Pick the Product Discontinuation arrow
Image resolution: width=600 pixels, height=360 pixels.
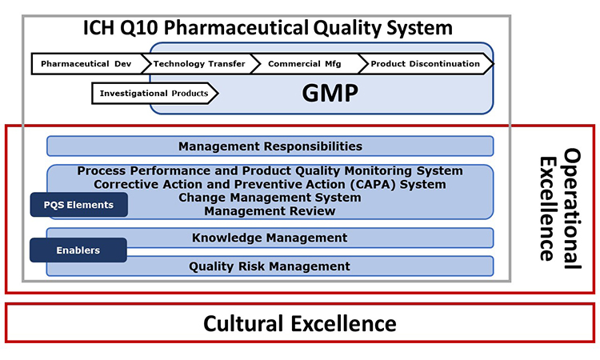click(x=426, y=63)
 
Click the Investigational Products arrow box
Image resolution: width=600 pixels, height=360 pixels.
click(x=154, y=94)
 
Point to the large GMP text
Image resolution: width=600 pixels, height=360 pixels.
click(x=330, y=93)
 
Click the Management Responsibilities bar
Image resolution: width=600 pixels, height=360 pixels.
click(x=270, y=146)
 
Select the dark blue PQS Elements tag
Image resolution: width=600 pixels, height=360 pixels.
click(x=79, y=205)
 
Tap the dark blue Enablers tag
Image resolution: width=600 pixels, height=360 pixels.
click(x=78, y=250)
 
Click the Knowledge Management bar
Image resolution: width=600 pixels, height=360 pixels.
click(x=270, y=238)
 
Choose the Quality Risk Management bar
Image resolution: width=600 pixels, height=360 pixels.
click(x=270, y=266)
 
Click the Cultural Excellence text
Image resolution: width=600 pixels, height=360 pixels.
click(x=300, y=324)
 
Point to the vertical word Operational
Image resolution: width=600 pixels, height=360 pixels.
click(x=572, y=209)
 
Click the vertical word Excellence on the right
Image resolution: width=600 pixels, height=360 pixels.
click(x=548, y=209)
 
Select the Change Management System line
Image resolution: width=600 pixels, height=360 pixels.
click(x=270, y=198)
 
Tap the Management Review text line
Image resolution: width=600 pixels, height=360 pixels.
click(x=270, y=210)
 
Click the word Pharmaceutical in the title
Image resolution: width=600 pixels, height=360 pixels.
click(x=236, y=27)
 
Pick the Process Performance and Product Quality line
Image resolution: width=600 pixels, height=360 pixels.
click(x=270, y=170)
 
